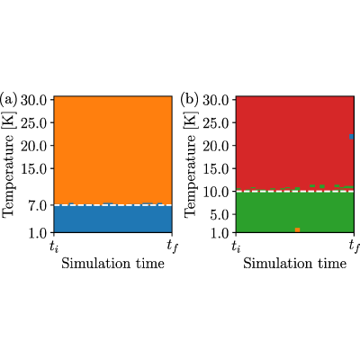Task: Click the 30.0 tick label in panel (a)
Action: click(33, 100)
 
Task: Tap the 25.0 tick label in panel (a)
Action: click(33, 122)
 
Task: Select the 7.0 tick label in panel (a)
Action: click(37, 205)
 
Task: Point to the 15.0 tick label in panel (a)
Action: click(33, 168)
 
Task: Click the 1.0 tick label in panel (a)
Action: click(37, 233)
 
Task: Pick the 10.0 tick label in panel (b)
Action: click(216, 192)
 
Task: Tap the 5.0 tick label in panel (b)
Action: click(220, 214)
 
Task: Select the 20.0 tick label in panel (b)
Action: click(216, 146)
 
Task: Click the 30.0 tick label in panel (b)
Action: click(216, 100)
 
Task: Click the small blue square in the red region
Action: click(352, 137)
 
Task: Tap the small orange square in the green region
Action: click(297, 230)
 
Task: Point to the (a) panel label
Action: click(8, 100)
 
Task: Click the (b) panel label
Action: click(190, 100)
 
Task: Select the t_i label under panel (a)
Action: click(54, 247)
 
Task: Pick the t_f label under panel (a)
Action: click(172, 247)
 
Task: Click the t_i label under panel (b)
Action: click(237, 247)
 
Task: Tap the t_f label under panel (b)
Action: click(355, 247)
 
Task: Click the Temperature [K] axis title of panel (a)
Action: click(9, 165)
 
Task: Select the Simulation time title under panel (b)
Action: click(295, 264)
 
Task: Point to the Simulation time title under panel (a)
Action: click(113, 264)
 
